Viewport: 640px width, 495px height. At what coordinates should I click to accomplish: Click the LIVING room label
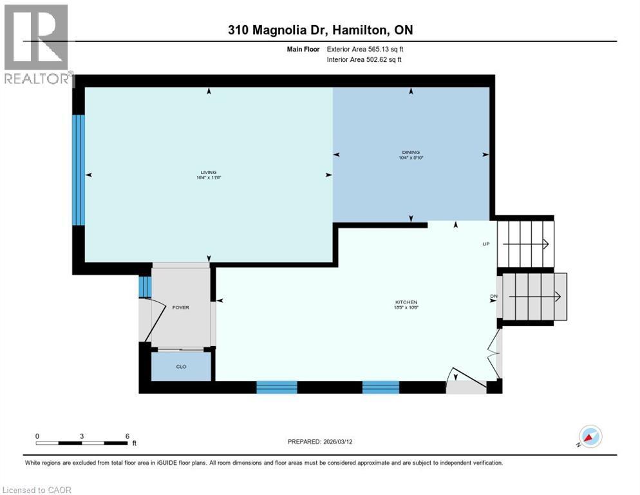(x=208, y=173)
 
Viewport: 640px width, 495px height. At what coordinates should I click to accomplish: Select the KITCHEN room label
(x=406, y=302)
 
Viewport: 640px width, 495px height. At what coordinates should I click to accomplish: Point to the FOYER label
(x=181, y=307)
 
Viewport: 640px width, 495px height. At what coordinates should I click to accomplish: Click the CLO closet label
(x=181, y=367)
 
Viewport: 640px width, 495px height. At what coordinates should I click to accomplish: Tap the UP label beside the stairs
(x=487, y=244)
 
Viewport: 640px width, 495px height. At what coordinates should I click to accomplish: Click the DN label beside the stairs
(x=494, y=296)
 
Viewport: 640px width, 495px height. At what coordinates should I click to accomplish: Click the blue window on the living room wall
(x=78, y=170)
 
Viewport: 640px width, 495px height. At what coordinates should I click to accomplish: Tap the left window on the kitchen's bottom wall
(x=277, y=387)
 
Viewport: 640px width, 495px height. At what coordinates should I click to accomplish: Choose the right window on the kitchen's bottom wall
(x=381, y=387)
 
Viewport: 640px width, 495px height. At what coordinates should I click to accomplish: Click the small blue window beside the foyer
(x=145, y=286)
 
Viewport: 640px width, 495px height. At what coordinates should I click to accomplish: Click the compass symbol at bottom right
(x=590, y=436)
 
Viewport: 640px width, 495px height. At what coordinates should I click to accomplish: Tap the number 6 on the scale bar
(x=127, y=436)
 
